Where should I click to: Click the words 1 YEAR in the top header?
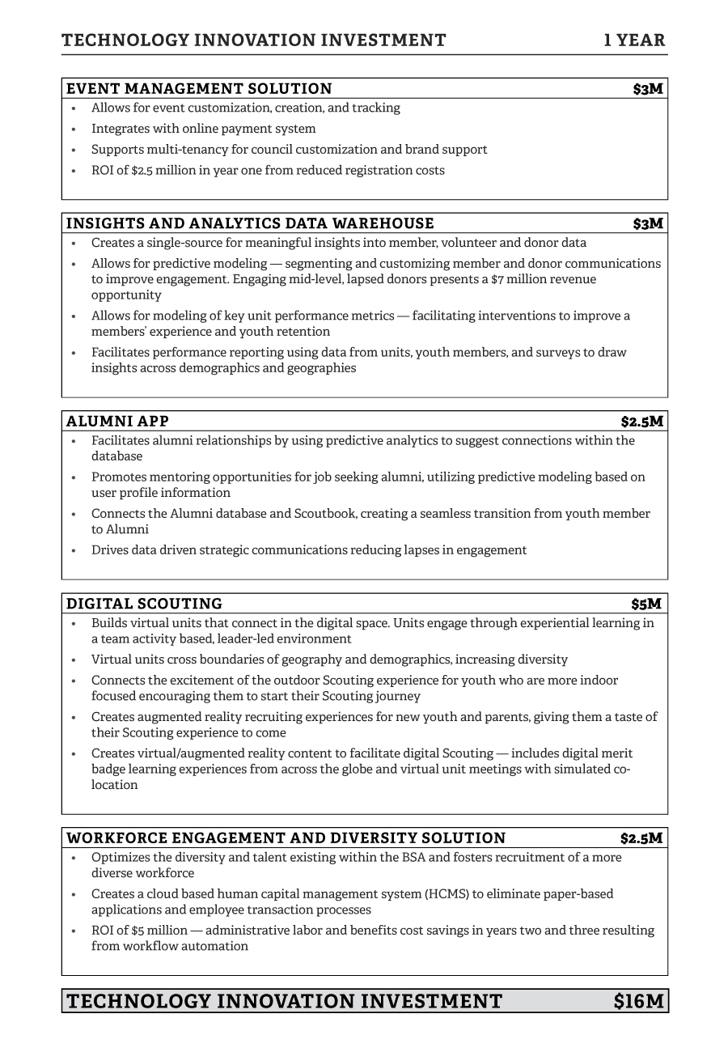click(635, 40)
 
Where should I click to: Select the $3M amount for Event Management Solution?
click(648, 89)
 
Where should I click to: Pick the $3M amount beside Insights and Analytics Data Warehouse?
click(648, 223)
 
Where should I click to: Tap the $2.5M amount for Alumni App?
click(642, 422)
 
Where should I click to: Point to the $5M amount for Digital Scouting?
click(646, 604)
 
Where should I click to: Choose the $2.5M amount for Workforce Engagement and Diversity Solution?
click(641, 838)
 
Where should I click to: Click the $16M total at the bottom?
click(639, 1002)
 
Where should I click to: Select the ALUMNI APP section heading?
click(117, 422)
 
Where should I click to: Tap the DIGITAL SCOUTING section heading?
click(144, 604)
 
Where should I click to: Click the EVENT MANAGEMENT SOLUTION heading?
click(199, 89)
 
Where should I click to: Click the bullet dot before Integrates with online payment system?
click(74, 129)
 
